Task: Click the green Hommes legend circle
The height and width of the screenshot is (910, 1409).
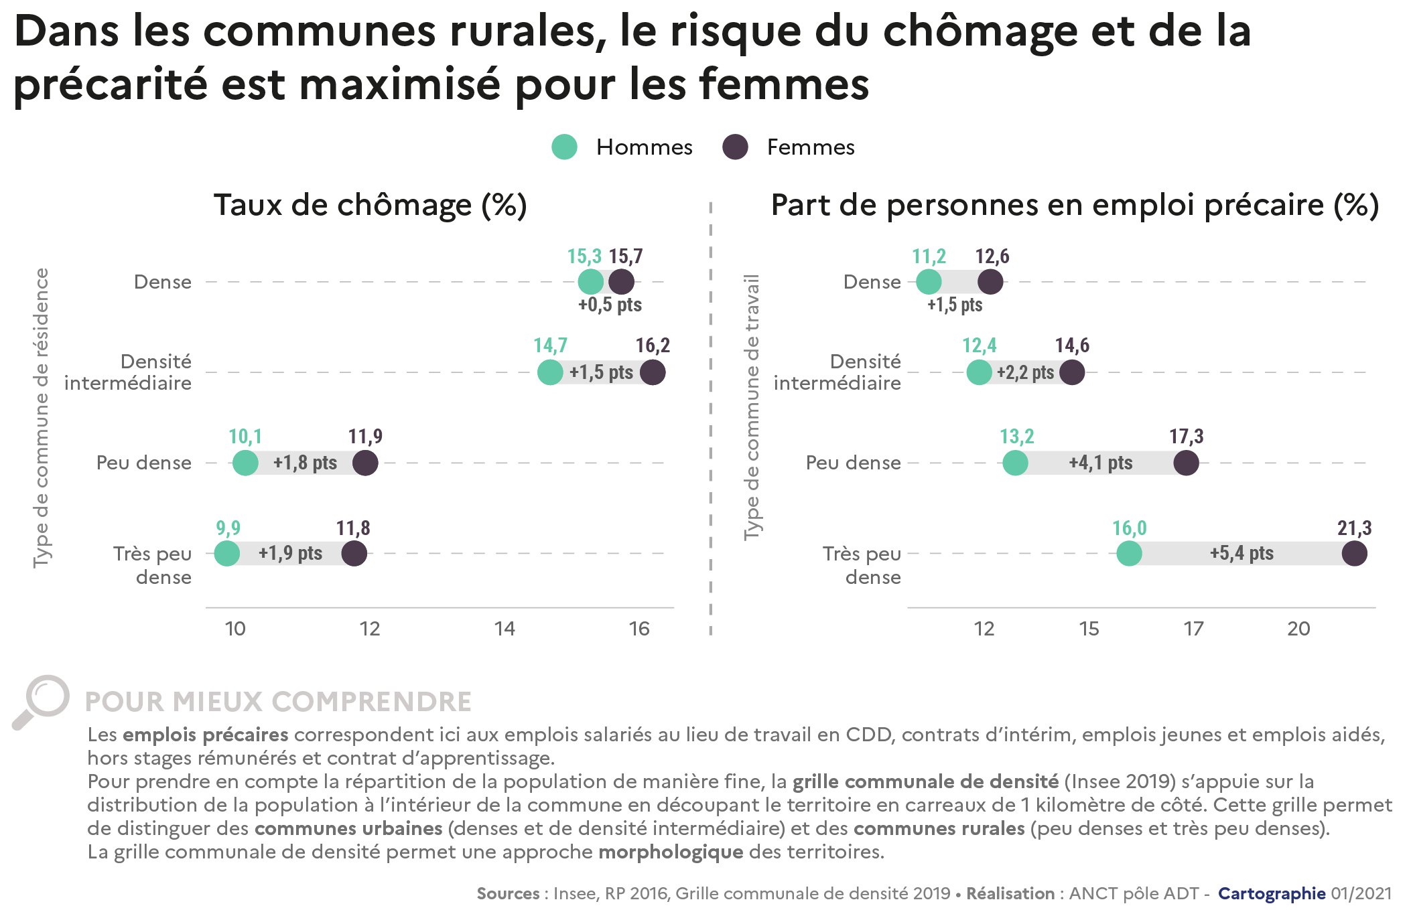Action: point(564,147)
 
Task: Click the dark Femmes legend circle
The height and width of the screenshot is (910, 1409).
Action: point(735,147)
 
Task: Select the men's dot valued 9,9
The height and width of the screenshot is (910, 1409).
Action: point(227,554)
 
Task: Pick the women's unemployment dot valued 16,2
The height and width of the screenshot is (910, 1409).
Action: point(653,372)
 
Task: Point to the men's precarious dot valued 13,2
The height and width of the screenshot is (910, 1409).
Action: point(1015,463)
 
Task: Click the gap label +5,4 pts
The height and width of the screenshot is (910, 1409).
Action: point(1242,554)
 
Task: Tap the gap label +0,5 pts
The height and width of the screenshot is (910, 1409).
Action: point(610,305)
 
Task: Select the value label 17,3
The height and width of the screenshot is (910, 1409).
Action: point(1186,437)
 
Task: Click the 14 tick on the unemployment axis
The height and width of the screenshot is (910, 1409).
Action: point(505,629)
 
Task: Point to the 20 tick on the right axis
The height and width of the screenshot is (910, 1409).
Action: point(1298,629)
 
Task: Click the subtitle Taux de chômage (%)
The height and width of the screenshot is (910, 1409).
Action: point(370,206)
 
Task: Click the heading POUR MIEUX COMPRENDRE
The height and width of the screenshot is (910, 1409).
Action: point(278,702)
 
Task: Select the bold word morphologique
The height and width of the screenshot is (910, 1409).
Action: point(671,852)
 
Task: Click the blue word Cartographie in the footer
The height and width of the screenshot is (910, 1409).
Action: point(1271,893)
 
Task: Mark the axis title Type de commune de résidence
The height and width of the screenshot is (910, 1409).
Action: point(41,418)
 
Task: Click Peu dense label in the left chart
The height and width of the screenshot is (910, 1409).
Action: point(144,463)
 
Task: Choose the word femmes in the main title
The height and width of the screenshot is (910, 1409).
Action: point(783,85)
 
